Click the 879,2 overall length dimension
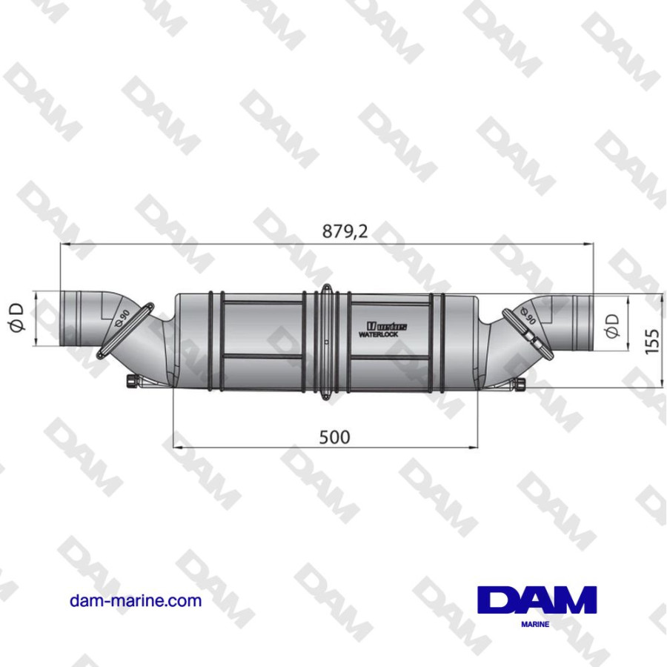click(345, 231)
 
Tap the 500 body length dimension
click(334, 437)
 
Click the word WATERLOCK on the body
click(380, 335)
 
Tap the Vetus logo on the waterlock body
click(385, 325)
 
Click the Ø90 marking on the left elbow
click(123, 317)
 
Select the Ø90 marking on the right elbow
click(528, 316)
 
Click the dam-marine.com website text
click(135, 601)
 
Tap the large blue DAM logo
click(537, 600)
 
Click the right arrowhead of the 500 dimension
click(472, 447)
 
